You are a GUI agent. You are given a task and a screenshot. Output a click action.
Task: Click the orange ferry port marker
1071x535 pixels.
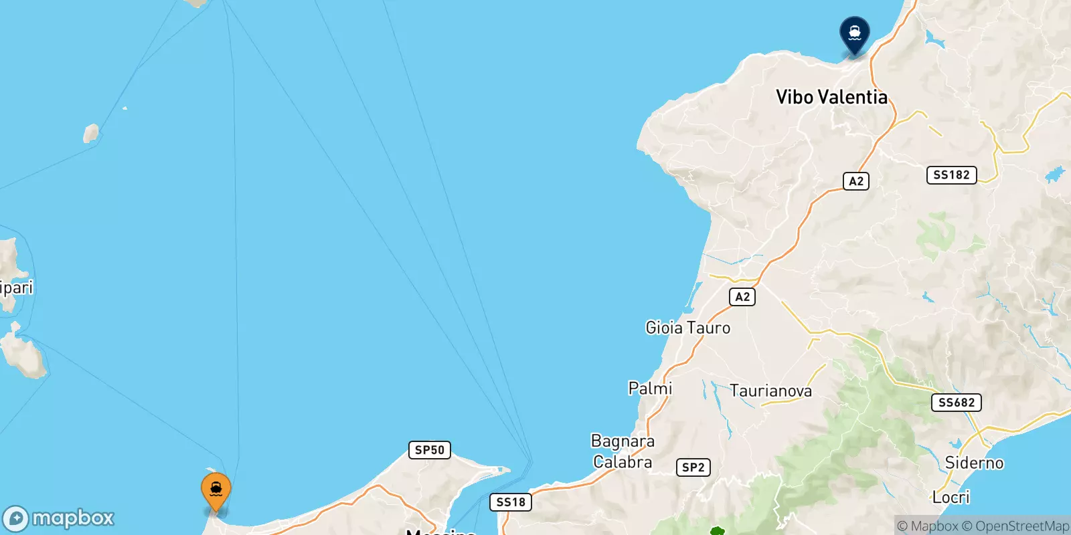216,492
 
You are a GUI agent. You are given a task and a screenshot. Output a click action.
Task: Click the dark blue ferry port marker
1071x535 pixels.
854,33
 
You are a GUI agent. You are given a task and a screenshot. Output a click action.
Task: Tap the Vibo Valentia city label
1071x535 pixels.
831,97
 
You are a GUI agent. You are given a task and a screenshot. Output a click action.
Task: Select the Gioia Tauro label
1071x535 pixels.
687,328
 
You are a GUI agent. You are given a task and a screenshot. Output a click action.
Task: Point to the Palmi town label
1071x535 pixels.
650,389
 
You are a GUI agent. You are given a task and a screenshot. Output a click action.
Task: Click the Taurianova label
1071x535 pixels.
770,391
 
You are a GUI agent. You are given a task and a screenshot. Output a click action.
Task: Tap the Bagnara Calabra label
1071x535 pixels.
623,451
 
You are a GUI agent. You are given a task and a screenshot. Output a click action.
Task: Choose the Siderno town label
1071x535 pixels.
974,463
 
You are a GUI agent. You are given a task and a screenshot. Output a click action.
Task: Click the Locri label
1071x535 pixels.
951,498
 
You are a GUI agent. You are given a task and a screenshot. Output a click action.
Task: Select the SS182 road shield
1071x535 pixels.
951,175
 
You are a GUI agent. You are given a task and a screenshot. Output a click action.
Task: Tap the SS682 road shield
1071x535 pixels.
957,403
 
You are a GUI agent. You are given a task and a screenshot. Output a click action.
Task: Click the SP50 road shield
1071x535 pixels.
429,450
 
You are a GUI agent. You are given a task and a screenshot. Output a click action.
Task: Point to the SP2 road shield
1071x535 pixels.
693,467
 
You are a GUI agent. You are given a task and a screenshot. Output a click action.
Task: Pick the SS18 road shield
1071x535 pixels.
511,502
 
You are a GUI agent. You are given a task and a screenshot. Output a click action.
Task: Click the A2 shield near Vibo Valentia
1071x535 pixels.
856,181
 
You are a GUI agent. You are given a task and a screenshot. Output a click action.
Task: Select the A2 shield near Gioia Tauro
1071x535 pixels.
742,297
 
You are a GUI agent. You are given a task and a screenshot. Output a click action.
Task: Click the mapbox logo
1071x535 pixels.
59,518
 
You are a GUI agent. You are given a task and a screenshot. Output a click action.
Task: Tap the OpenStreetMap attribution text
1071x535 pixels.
1015,526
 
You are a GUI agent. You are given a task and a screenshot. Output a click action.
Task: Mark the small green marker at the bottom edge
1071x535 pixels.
717,532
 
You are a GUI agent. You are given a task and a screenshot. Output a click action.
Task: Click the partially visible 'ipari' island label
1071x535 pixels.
16,288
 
